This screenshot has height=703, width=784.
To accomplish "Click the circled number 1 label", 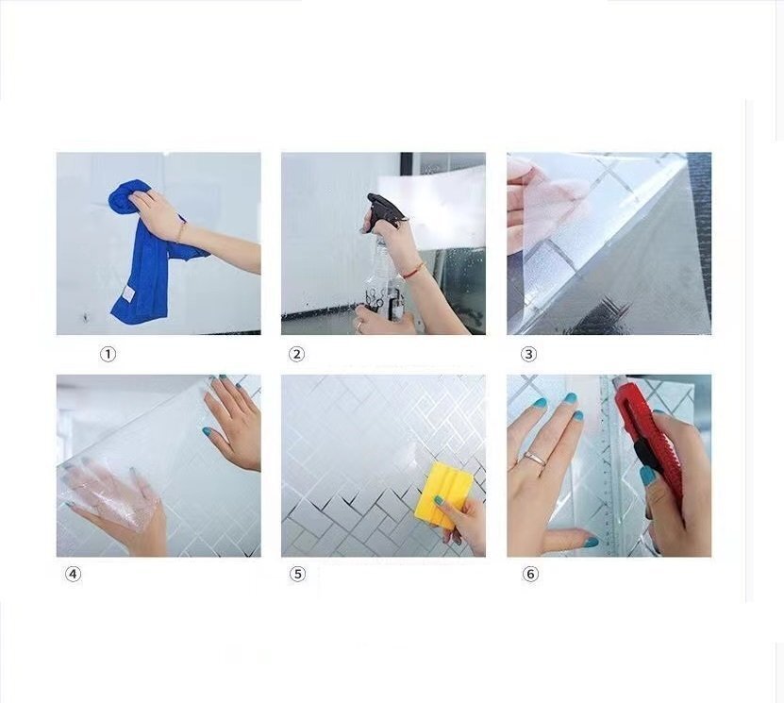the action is (108, 355).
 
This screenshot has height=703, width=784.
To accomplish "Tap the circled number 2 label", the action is (296, 355).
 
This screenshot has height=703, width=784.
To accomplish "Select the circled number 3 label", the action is (528, 355).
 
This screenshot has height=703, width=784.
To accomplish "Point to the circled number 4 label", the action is (73, 574).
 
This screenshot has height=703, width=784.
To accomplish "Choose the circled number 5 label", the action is (297, 574).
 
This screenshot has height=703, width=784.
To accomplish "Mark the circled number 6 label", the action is (530, 574).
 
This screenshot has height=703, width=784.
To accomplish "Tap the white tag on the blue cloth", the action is (128, 294).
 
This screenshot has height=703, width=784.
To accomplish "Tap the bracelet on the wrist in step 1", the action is (181, 232).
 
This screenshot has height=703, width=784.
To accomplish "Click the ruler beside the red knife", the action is (611, 465).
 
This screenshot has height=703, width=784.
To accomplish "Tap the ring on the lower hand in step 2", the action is (359, 325).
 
